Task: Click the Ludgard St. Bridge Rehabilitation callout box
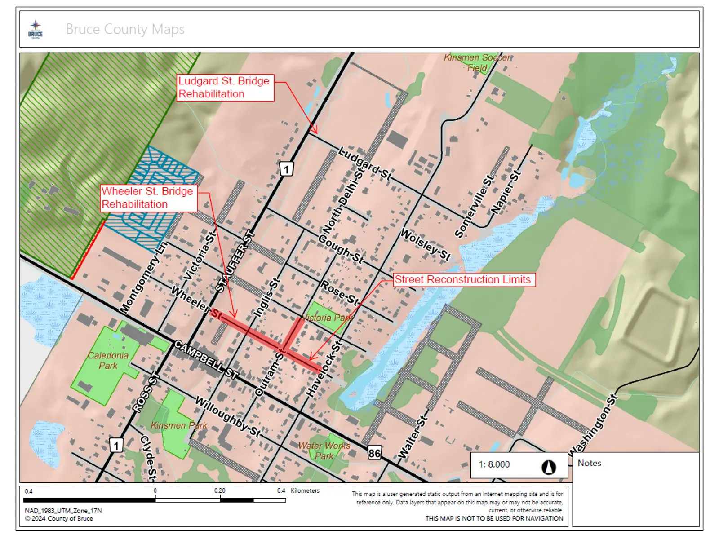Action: click(225, 88)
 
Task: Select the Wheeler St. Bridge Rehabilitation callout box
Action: click(149, 198)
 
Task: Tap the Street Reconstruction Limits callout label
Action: click(463, 279)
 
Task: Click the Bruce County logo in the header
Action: click(36, 30)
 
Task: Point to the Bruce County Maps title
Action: click(125, 29)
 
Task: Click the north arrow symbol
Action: click(548, 467)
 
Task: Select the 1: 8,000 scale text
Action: click(494, 464)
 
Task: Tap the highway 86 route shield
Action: click(374, 453)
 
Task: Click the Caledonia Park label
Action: click(108, 360)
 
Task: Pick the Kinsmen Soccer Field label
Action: click(477, 62)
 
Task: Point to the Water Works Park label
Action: click(324, 451)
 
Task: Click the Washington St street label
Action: click(594, 424)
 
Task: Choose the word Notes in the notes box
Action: click(589, 463)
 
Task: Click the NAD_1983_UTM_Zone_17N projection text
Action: click(63, 511)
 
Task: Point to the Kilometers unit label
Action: click(305, 490)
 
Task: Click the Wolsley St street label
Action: click(425, 244)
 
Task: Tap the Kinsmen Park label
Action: click(179, 425)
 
